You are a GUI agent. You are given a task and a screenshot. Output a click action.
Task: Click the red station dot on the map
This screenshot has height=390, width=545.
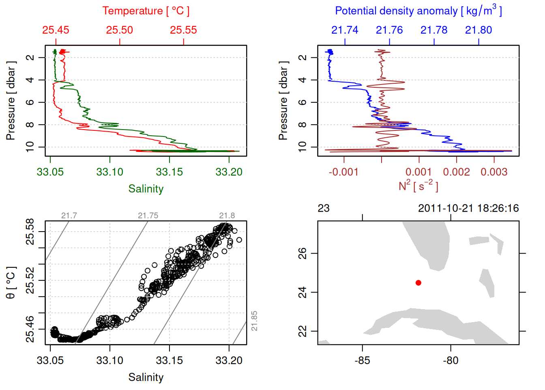click(x=418, y=283)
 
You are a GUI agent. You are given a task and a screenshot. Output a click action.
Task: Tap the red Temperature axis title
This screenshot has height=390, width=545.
click(x=146, y=11)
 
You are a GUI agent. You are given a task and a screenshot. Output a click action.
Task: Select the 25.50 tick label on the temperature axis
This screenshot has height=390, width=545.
click(x=120, y=30)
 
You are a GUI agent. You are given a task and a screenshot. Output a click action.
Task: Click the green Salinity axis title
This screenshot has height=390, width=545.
click(x=146, y=189)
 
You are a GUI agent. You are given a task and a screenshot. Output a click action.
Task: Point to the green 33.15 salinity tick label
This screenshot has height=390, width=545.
click(x=170, y=172)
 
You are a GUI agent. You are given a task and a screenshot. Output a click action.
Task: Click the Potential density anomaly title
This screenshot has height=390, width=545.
click(x=418, y=11)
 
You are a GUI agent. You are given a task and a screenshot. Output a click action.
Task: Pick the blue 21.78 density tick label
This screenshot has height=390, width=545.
click(x=434, y=30)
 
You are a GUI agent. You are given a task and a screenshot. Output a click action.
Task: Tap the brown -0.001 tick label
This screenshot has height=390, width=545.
click(x=343, y=172)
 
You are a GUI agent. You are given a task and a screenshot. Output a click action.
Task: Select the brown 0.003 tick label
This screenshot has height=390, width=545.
click(x=494, y=172)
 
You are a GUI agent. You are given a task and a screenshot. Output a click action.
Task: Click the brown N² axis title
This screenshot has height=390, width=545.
click(x=418, y=186)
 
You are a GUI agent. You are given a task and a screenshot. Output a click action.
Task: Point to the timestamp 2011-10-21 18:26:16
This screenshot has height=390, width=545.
click(x=468, y=208)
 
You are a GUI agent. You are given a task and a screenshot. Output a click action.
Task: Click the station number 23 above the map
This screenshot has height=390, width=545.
click(x=324, y=208)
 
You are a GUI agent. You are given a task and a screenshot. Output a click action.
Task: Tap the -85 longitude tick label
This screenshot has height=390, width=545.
click(x=362, y=360)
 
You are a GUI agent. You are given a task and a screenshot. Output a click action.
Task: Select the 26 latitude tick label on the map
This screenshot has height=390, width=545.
click(x=303, y=253)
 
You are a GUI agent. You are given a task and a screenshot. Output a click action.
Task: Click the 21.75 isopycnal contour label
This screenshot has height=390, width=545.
click(x=148, y=216)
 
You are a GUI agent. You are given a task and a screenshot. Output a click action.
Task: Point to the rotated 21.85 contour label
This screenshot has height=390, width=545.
click(x=254, y=321)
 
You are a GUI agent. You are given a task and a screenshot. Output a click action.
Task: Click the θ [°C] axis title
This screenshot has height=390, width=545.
click(x=11, y=283)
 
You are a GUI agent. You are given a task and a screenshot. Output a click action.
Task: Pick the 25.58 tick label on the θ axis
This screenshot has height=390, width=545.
click(x=30, y=232)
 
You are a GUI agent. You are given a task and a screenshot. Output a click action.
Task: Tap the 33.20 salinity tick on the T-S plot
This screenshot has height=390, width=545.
click(x=229, y=360)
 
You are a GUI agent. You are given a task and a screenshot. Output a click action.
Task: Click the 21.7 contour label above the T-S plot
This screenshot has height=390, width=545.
click(x=69, y=216)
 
